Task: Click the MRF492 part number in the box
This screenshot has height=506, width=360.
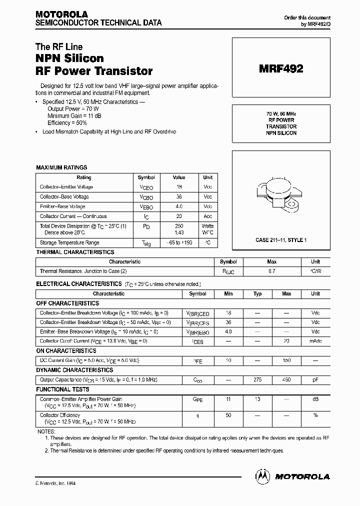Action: click(280, 69)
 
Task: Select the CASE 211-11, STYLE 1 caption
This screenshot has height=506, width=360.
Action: click(281, 240)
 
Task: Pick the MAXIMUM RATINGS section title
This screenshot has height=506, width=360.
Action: click(61, 167)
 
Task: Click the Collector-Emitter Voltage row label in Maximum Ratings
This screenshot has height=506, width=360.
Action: click(66, 187)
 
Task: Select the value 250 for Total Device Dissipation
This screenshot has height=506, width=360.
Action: click(179, 226)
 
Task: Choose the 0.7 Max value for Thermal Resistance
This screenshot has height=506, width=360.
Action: click(272, 271)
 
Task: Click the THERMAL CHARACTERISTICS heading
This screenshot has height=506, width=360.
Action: click(75, 252)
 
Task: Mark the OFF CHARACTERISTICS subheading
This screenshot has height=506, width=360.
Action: click(67, 303)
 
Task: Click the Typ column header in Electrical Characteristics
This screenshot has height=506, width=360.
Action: click(257, 294)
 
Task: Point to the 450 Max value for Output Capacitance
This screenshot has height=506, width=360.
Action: click(286, 380)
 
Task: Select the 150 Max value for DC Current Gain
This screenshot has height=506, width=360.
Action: click(286, 360)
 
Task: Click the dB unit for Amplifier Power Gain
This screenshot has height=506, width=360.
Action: click(315, 399)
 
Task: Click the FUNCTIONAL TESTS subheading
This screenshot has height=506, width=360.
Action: click(62, 389)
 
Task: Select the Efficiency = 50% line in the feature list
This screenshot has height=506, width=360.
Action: click(67, 122)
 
